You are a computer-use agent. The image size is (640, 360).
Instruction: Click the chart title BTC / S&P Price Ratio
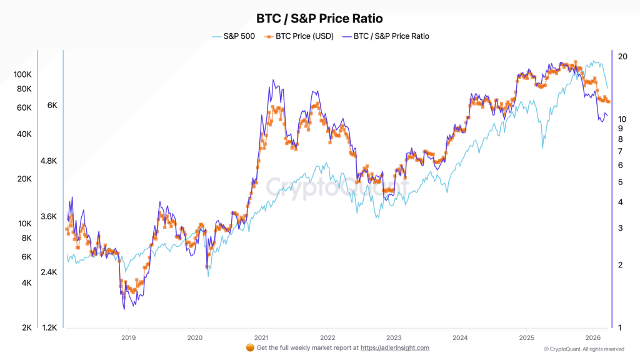[319, 19]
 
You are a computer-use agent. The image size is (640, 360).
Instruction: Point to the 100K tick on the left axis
[22, 74]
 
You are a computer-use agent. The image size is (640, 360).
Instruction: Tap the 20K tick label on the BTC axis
[24, 179]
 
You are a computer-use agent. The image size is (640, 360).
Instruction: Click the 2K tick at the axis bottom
[27, 327]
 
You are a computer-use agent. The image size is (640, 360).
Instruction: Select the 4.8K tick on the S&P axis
[49, 161]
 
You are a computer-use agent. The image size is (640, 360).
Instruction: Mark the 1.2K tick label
[49, 327]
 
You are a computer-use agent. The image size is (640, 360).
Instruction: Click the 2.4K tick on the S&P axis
[49, 272]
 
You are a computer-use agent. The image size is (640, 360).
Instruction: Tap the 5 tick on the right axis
[619, 182]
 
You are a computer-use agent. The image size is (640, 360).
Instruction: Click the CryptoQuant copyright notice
[584, 349]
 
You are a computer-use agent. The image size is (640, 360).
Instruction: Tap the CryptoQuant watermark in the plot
[337, 186]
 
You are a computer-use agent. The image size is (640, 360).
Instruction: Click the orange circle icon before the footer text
[250, 347]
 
